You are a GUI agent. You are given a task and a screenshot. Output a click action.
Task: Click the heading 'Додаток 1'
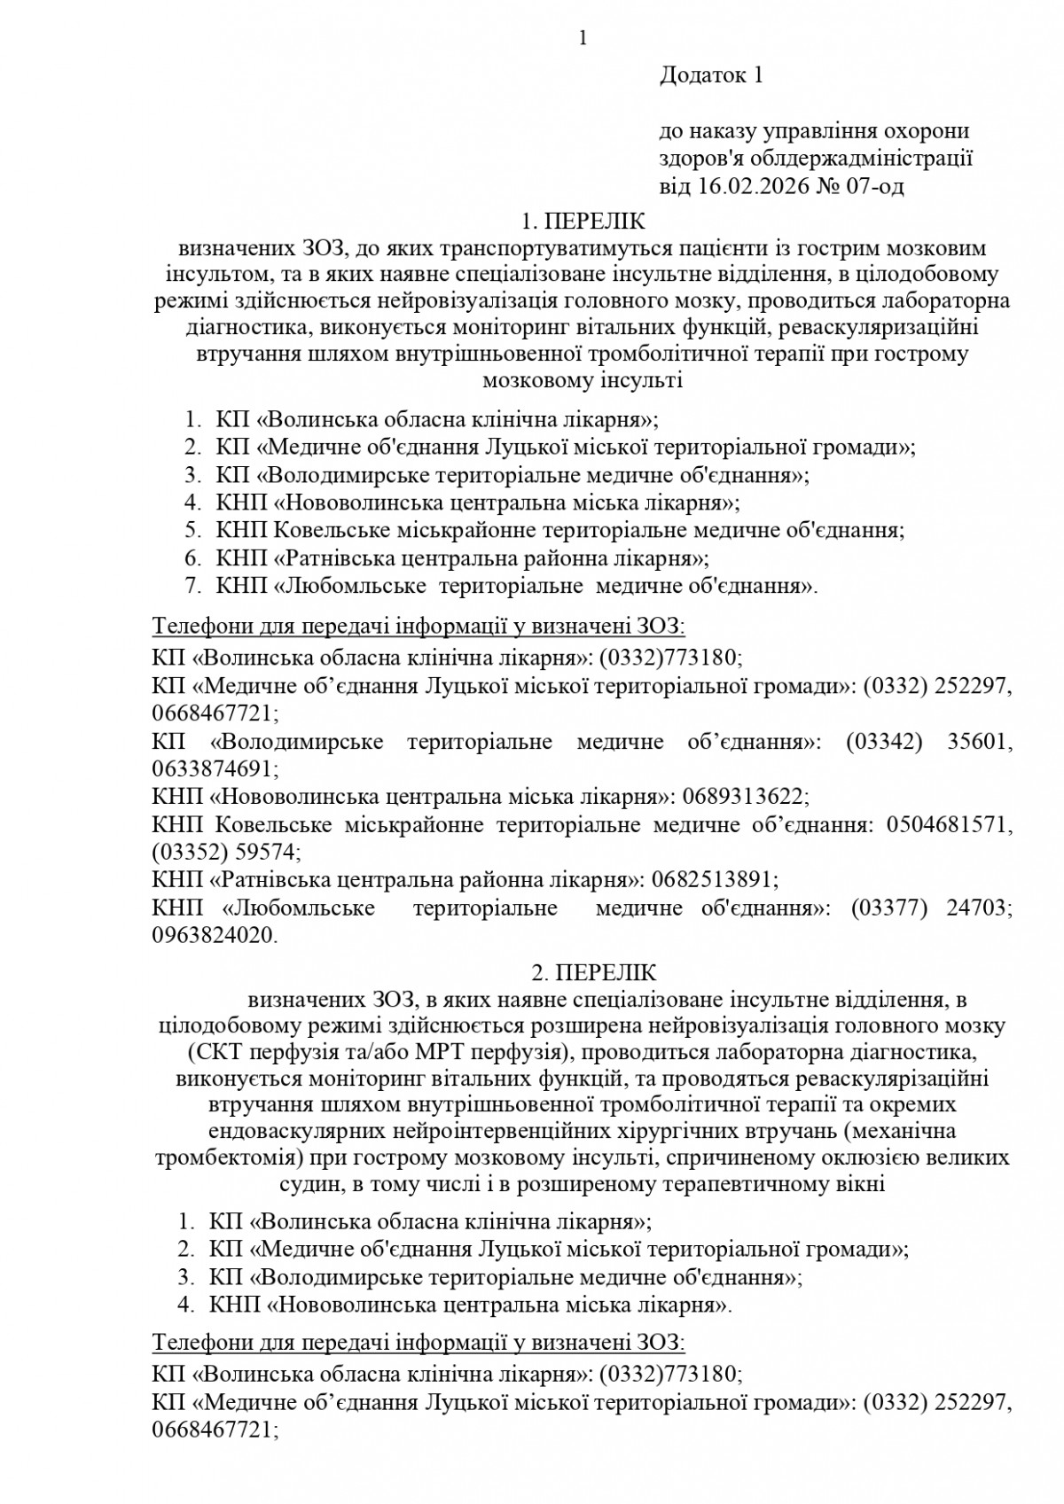point(711,75)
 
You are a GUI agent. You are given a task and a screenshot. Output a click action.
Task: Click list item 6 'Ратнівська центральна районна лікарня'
point(461,558)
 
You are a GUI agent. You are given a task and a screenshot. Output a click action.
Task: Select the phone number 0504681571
point(943,825)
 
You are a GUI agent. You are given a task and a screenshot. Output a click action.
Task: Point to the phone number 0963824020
point(214,935)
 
